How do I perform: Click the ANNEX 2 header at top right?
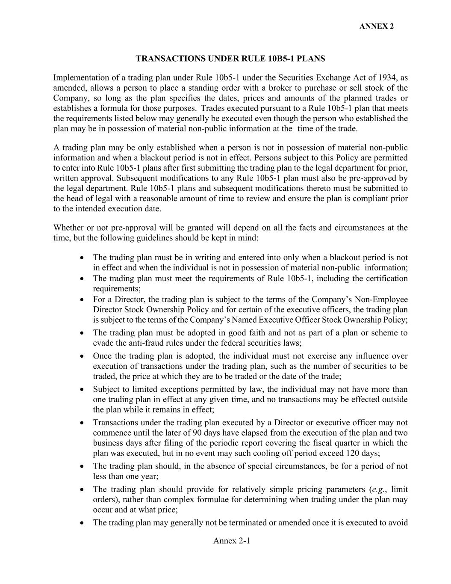point(376,26)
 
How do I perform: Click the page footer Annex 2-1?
point(231,541)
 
